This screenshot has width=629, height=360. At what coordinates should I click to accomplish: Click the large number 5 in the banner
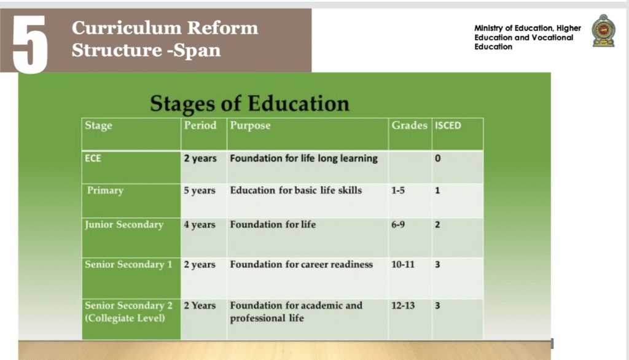click(x=30, y=45)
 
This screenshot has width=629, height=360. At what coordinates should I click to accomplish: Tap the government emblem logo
click(x=603, y=31)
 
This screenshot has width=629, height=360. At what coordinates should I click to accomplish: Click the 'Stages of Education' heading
click(x=249, y=104)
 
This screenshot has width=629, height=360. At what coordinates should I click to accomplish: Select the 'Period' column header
click(x=200, y=125)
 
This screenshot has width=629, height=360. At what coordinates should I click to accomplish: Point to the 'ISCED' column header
click(x=448, y=125)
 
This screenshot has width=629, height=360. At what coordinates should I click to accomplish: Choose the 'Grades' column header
click(x=409, y=125)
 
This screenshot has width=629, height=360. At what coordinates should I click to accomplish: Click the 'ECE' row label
click(x=93, y=158)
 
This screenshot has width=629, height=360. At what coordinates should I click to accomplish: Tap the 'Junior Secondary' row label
click(x=124, y=225)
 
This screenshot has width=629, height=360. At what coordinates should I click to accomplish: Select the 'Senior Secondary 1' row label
click(x=128, y=265)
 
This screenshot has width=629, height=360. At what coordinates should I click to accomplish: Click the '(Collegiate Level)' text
click(x=125, y=318)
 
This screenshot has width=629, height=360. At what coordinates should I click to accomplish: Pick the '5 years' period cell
click(x=200, y=190)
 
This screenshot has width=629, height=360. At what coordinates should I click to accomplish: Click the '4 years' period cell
click(x=200, y=225)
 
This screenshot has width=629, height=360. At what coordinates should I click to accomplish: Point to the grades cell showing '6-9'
click(x=398, y=225)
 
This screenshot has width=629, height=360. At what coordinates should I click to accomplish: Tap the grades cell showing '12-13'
click(x=403, y=305)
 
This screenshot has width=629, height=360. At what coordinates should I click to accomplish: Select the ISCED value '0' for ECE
click(x=437, y=158)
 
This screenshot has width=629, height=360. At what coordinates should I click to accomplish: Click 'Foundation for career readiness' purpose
click(x=301, y=265)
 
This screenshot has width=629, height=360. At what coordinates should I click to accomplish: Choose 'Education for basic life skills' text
click(x=295, y=190)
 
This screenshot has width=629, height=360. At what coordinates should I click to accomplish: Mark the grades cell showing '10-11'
click(x=403, y=265)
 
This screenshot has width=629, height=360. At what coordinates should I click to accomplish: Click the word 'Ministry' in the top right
click(x=488, y=28)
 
